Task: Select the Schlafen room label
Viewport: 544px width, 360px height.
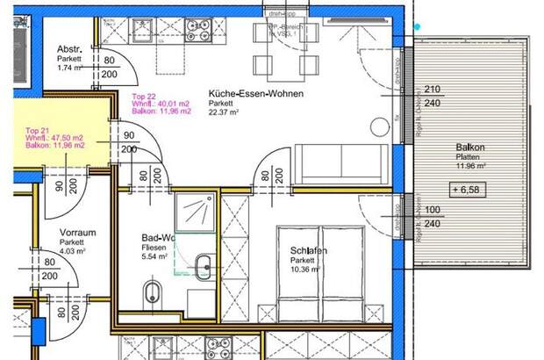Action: tap(309, 251)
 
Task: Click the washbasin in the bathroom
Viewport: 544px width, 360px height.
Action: tap(204, 265)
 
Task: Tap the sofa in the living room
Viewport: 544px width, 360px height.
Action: tap(340, 163)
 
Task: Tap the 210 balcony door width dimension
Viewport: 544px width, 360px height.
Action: tap(432, 90)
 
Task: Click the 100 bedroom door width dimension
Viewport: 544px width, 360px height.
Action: tap(432, 211)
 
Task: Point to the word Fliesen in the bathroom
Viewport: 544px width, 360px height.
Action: tap(155, 248)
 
